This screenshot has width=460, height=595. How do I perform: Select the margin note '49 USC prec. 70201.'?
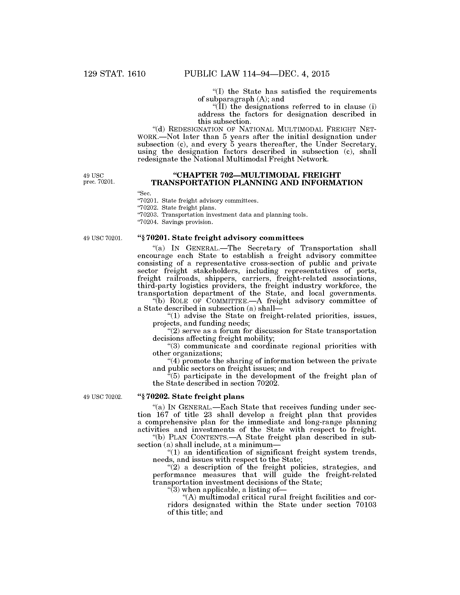click(x=99, y=179)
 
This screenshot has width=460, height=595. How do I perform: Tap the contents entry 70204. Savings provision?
click(x=176, y=222)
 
